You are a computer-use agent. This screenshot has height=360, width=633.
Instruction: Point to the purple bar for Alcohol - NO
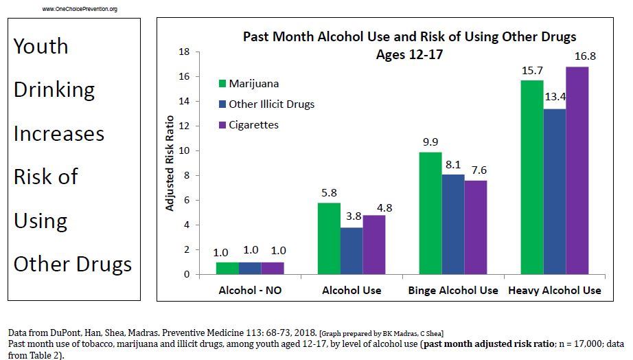click(x=273, y=268)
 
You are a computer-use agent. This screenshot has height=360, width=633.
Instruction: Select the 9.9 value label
click(x=430, y=142)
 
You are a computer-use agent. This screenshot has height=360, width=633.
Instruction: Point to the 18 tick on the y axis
click(x=183, y=52)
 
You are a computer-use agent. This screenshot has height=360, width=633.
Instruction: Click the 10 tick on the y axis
click(x=183, y=151)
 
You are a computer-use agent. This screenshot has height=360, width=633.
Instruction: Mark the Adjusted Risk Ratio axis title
click(x=170, y=164)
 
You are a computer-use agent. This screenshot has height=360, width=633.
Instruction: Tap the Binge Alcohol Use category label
click(x=453, y=291)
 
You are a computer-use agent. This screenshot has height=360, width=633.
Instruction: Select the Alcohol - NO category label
click(x=250, y=291)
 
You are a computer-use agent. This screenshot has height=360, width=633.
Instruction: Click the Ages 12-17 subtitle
click(x=409, y=54)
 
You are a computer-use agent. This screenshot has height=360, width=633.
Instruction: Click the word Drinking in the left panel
click(x=54, y=90)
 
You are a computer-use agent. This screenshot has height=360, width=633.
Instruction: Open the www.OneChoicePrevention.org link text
click(x=80, y=9)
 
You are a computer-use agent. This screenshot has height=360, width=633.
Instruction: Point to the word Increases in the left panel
click(x=59, y=133)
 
